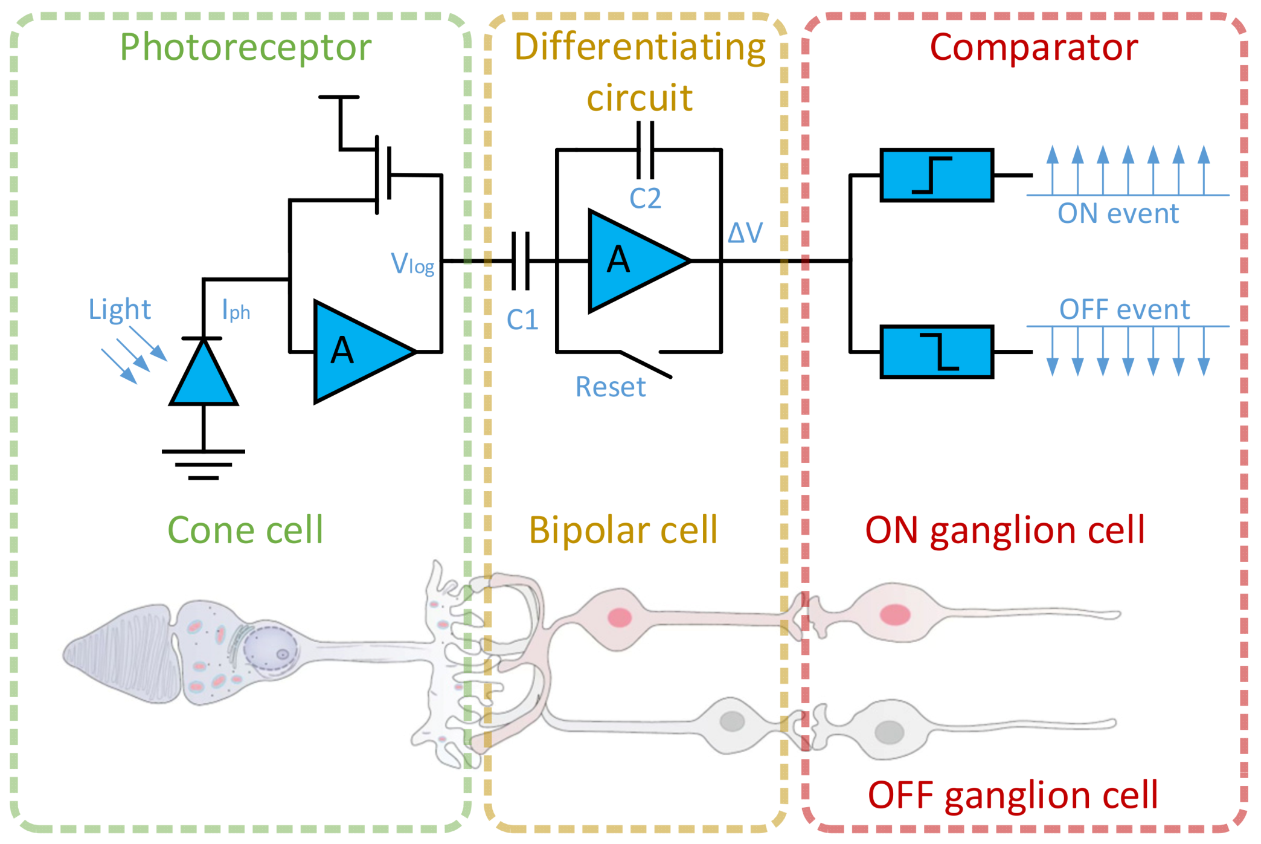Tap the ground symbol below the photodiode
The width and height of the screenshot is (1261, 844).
click(204, 464)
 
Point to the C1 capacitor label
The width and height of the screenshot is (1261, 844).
click(522, 320)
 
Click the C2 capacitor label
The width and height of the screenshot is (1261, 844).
click(645, 198)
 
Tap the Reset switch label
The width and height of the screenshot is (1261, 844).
click(610, 387)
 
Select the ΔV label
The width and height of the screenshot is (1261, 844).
click(745, 233)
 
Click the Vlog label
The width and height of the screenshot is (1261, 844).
click(412, 264)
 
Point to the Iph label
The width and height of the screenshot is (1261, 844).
click(236, 310)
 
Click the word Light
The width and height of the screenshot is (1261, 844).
click(120, 309)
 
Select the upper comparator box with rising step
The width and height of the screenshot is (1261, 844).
click(936, 175)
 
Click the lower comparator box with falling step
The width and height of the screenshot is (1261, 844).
click(936, 352)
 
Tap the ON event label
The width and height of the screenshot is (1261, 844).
click(1118, 213)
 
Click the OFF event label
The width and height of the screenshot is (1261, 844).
click(1124, 309)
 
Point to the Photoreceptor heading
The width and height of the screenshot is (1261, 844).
click(245, 47)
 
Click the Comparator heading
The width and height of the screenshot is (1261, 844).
click(1033, 47)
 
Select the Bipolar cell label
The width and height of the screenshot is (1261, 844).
click(623, 530)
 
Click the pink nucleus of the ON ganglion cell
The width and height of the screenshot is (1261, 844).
click(895, 614)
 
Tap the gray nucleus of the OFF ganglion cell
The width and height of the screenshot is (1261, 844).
click(889, 732)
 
